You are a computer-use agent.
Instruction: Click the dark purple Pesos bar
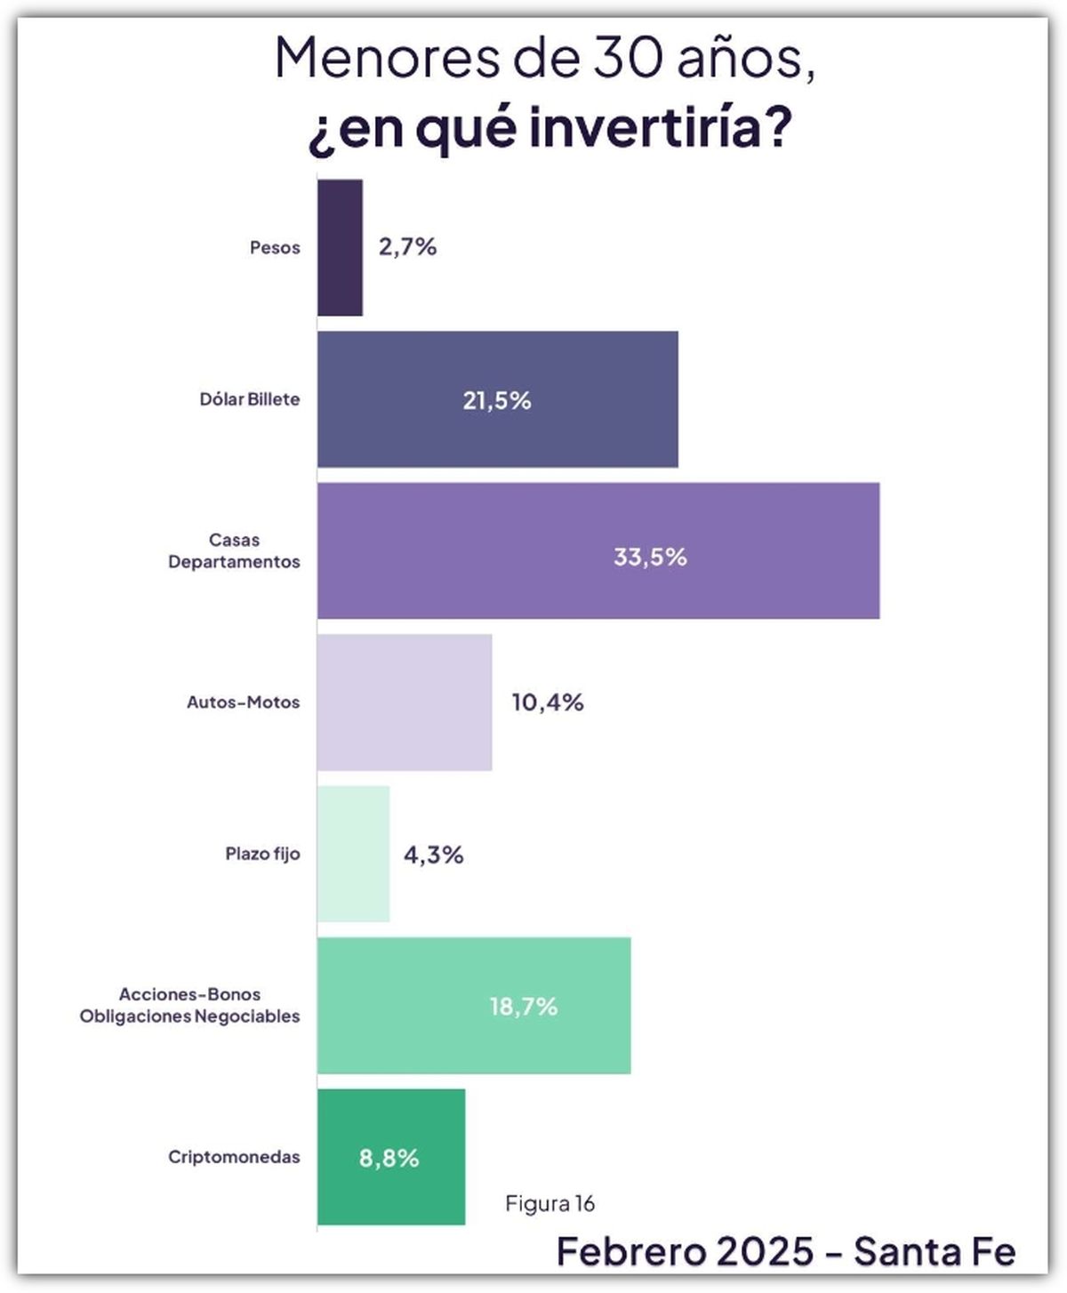[x=340, y=247]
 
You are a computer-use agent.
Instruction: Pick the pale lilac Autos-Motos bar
[x=405, y=703]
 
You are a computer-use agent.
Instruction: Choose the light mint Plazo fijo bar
[x=353, y=854]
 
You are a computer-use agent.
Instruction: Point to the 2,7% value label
[x=407, y=247]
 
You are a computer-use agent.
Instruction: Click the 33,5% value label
[x=650, y=558]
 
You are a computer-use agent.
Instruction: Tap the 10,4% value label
[x=547, y=703]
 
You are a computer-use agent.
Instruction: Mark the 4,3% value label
[x=433, y=855]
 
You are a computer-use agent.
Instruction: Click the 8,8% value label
[x=389, y=1158]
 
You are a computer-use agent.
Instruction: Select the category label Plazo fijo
[x=262, y=854]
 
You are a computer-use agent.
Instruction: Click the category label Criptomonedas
[x=234, y=1157]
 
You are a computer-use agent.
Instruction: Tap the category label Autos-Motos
[x=243, y=703]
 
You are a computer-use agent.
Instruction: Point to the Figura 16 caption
[x=550, y=1203]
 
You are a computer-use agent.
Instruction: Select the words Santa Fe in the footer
[x=934, y=1251]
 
